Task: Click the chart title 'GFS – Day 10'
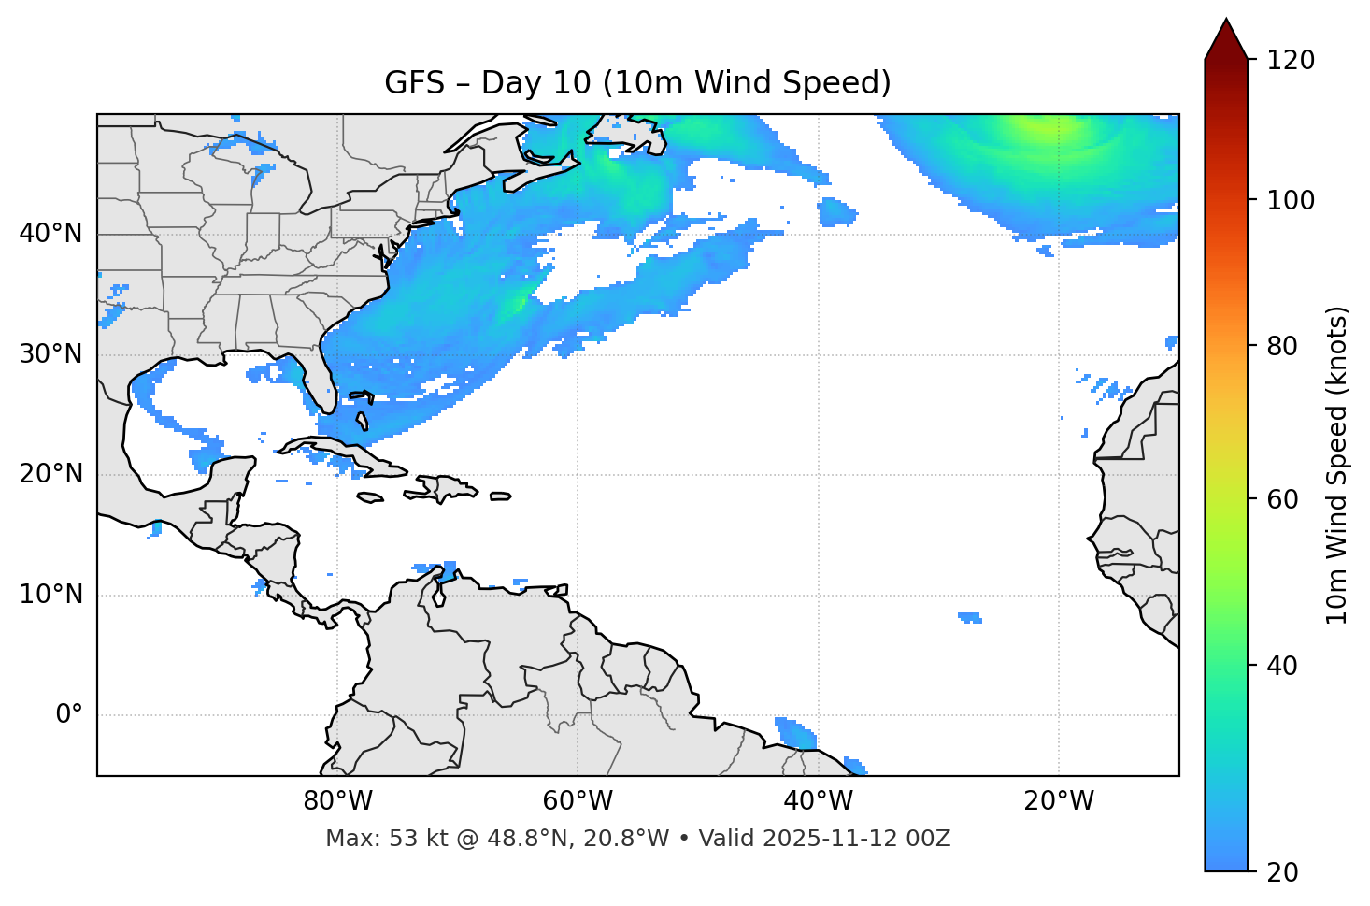[x=637, y=83]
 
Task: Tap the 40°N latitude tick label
[x=50, y=234]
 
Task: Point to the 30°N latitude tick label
[x=50, y=354]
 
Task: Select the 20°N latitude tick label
[x=50, y=474]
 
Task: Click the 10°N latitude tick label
[x=50, y=595]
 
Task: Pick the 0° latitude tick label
[x=69, y=715]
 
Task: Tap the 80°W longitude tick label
[x=337, y=801]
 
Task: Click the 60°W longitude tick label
[x=578, y=801]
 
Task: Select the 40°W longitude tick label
[x=818, y=801]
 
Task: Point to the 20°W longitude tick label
[x=1059, y=801]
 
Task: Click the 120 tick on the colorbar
[x=1291, y=61]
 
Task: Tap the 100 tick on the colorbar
[x=1291, y=200]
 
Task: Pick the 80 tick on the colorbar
[x=1284, y=346]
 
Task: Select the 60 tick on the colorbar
[x=1284, y=499]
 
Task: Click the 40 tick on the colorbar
[x=1284, y=666]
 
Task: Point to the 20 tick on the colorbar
[x=1284, y=872]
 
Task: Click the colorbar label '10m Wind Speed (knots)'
[x=1337, y=465]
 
